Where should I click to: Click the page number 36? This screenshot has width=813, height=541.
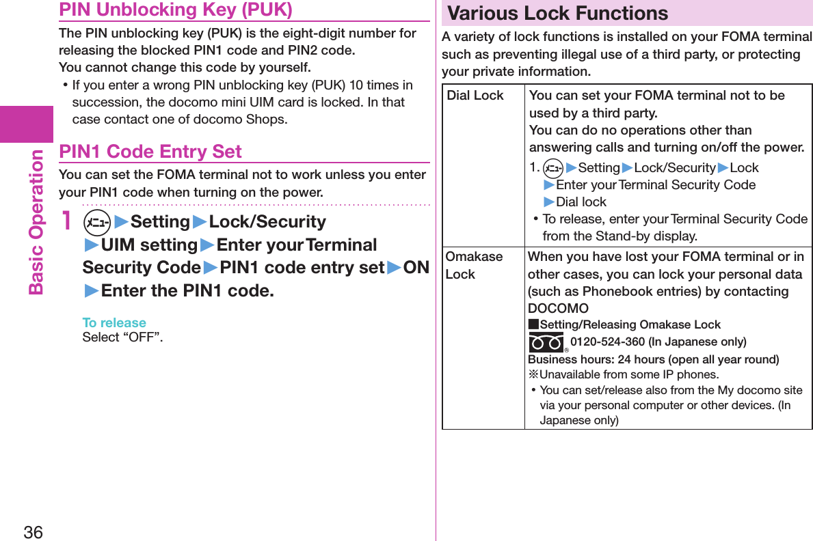pos(33,531)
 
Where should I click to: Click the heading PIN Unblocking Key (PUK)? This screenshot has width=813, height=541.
pos(176,10)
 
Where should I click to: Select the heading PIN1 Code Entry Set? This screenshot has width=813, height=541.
pos(150,152)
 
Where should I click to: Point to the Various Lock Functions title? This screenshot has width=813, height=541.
pos(557,13)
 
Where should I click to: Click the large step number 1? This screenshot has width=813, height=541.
pos(66,221)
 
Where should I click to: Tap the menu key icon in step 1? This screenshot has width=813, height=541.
pos(96,222)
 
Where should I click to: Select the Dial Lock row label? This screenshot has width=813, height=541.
pos(475,96)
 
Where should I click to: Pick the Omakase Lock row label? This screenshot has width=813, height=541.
pos(473,265)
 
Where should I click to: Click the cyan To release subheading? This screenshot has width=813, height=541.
pos(114,322)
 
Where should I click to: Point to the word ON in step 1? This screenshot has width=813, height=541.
pos(416,267)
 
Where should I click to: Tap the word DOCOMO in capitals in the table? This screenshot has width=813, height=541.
pos(558,309)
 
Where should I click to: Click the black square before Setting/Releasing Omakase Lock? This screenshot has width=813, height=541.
pos(533,324)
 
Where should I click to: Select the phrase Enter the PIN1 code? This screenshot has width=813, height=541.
pos(187,290)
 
